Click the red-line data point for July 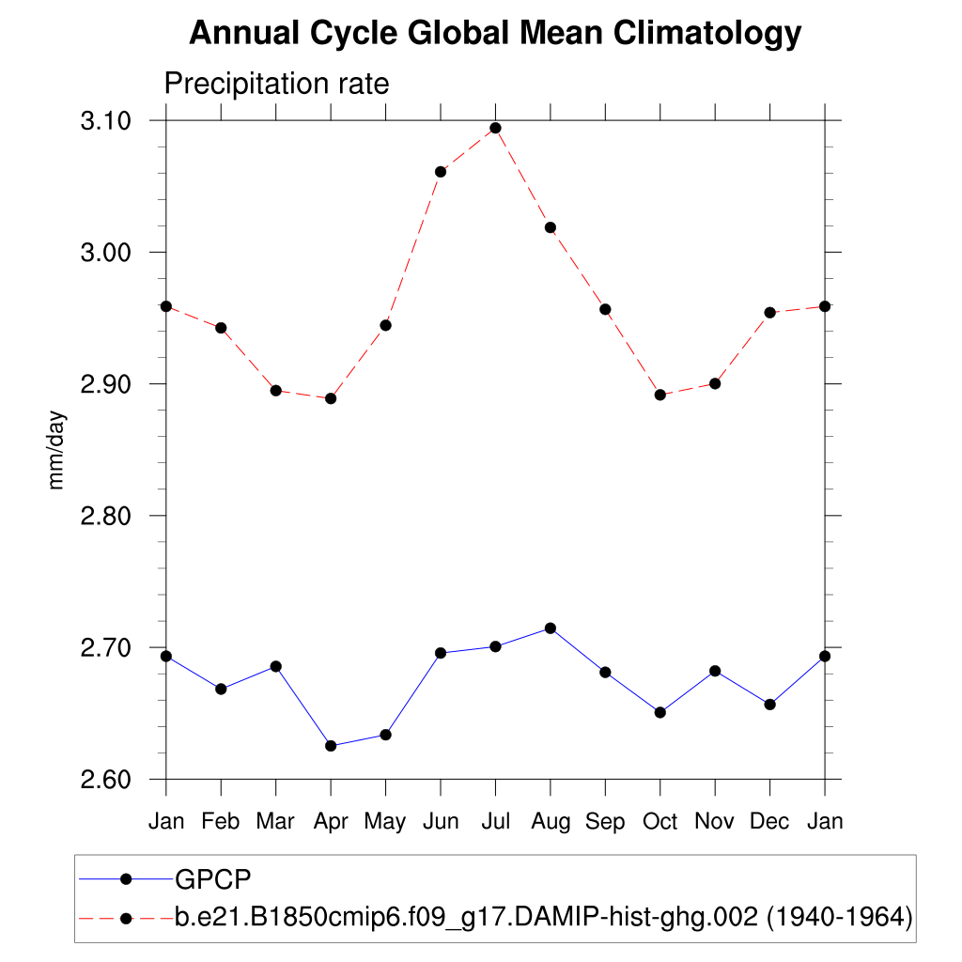[495, 128]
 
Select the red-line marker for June [441, 172]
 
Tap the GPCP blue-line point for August [551, 628]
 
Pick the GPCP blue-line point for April [331, 746]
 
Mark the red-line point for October [660, 395]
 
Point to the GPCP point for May [385, 735]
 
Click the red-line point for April [331, 398]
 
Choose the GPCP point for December [770, 705]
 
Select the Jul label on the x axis [495, 822]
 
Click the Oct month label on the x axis [660, 822]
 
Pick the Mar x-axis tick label [275, 822]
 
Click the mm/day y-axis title [57, 449]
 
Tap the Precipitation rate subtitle [276, 84]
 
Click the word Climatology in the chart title [707, 34]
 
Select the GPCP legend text [214, 879]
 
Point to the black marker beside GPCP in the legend [125, 879]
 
